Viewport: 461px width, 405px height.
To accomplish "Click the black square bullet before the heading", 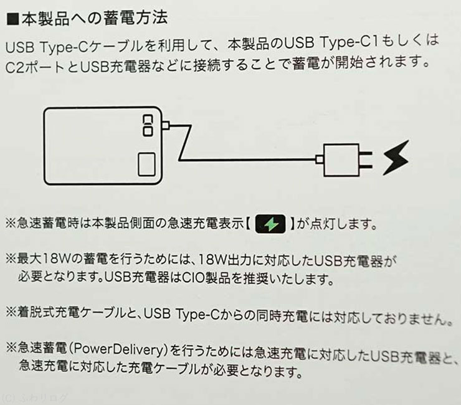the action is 12,20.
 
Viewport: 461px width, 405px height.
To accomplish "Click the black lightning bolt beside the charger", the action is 396,158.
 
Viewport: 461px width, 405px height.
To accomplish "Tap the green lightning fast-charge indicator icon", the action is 270,224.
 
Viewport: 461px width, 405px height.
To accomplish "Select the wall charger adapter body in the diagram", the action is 341,160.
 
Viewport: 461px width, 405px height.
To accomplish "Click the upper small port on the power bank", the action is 148,120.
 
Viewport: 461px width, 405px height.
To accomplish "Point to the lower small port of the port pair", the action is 148,131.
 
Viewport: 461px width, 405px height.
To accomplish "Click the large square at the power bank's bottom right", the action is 146,164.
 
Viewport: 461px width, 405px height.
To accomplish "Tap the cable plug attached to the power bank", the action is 165,125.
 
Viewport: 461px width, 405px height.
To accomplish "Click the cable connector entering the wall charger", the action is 320,160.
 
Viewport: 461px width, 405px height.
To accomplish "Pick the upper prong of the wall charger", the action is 366,153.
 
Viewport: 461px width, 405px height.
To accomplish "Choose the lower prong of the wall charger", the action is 366,167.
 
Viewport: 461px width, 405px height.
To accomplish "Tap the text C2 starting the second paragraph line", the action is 15,67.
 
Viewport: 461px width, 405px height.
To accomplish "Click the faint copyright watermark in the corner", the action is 34,398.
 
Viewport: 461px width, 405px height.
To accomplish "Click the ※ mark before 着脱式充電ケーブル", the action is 11,312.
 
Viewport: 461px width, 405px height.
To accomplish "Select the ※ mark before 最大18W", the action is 11,259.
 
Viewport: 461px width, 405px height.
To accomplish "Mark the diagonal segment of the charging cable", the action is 185,143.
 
